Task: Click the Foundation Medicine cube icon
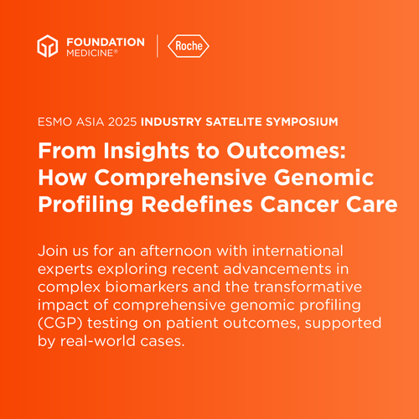(x=48, y=46)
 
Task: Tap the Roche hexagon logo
(x=189, y=46)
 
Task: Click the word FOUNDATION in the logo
(x=106, y=42)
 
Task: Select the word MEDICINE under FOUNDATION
(x=90, y=53)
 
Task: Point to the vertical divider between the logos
(x=158, y=46)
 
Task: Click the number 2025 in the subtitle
(x=122, y=122)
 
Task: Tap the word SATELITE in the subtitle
(x=234, y=122)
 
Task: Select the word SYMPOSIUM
(x=302, y=122)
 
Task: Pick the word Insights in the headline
(x=146, y=151)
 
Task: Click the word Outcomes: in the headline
(x=286, y=151)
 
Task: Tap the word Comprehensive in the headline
(x=180, y=178)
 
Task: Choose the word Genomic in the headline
(x=323, y=178)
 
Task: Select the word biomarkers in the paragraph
(x=147, y=287)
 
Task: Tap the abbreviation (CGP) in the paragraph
(x=60, y=323)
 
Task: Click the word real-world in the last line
(x=98, y=341)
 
